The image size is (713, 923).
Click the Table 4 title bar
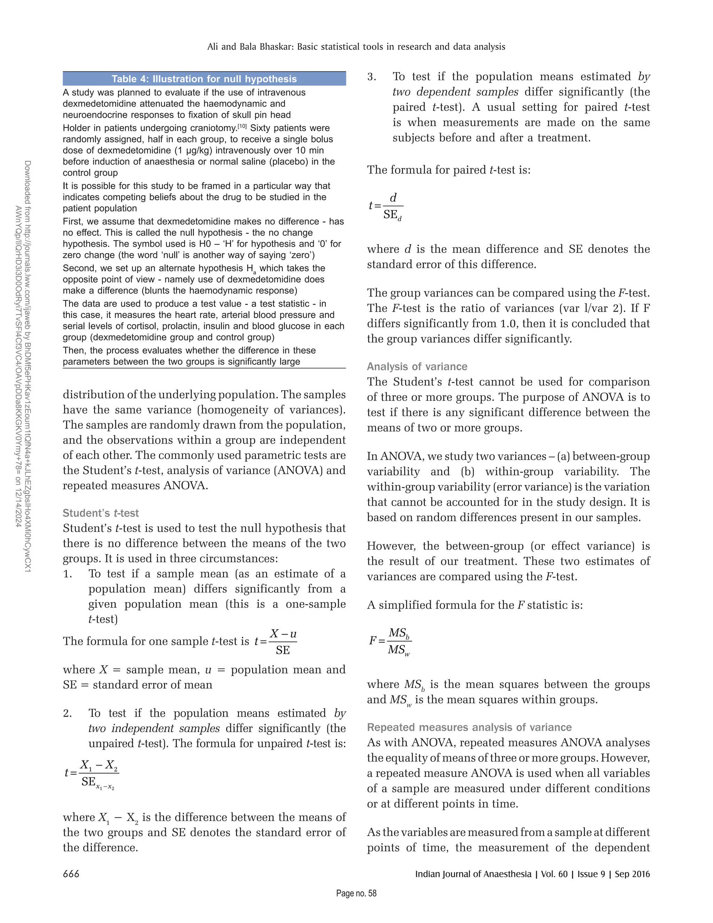[204, 79]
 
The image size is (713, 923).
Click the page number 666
[71, 874]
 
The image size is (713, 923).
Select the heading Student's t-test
[101, 513]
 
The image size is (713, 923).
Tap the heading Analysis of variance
[417, 366]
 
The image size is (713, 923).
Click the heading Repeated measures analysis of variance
[469, 727]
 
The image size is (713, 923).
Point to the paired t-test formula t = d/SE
[386, 207]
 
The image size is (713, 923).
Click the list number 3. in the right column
[372, 77]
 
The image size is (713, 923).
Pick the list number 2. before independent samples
[68, 713]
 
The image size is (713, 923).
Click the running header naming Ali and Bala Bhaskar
[356, 46]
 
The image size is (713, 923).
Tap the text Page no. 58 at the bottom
[356, 893]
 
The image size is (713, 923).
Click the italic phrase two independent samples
[154, 729]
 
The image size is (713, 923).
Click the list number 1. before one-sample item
[68, 574]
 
